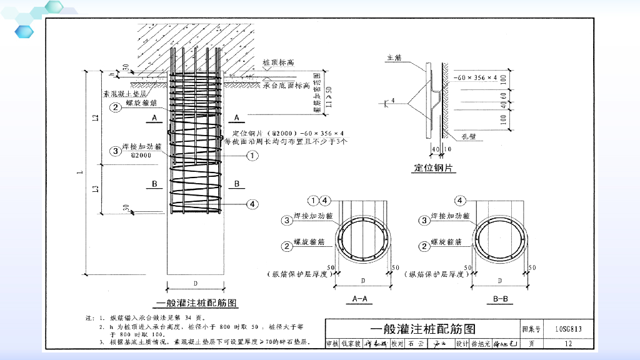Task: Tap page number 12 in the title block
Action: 567,343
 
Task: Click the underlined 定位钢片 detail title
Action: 434,168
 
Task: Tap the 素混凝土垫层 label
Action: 126,95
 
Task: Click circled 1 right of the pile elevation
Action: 252,156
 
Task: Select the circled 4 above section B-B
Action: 461,201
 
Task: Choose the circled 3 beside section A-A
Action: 287,220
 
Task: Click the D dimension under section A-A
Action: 362,281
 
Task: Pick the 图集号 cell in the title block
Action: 532,329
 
